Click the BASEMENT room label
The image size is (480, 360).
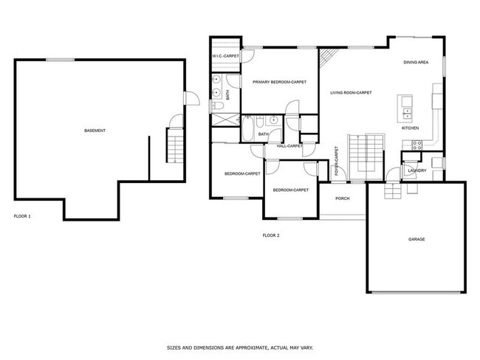click(95, 131)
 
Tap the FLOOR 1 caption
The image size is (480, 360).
click(23, 217)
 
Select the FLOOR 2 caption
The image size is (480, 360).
click(271, 235)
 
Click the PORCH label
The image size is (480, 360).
click(342, 198)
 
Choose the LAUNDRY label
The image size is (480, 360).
click(416, 171)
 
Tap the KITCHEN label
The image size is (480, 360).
click(411, 128)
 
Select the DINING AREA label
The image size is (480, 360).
click(416, 63)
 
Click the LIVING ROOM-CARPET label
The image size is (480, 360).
click(350, 93)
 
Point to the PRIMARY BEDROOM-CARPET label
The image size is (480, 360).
click(279, 82)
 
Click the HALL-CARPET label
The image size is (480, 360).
click(289, 146)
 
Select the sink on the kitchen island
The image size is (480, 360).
click(408, 111)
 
